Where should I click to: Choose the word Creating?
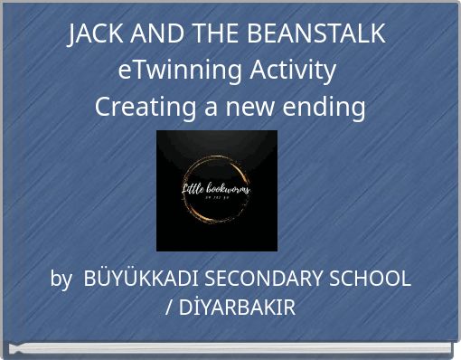point(146,108)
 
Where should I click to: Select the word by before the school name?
point(61,279)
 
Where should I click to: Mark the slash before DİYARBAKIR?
point(170,308)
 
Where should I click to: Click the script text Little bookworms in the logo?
point(217,189)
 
